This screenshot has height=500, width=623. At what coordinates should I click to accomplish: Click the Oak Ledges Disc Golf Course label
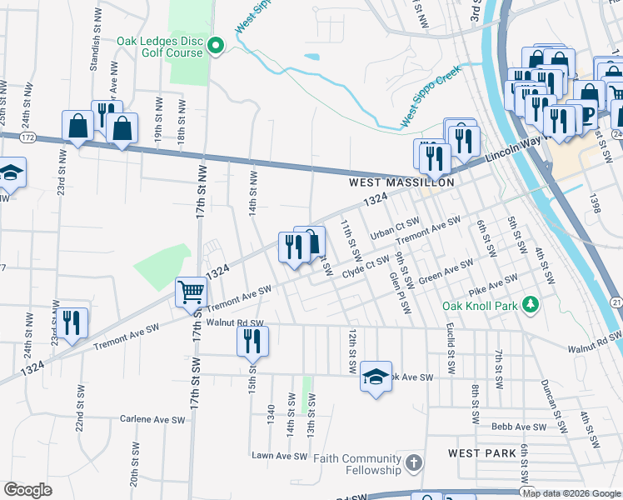tap(160, 46)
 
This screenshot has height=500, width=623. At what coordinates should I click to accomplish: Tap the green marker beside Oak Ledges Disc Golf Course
tap(216, 46)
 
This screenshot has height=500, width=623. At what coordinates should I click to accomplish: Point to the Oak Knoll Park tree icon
tap(529, 306)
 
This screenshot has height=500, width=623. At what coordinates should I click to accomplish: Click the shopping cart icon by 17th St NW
tap(191, 292)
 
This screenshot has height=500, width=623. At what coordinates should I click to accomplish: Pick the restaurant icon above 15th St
tap(252, 340)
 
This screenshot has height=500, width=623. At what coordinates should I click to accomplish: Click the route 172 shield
tap(27, 135)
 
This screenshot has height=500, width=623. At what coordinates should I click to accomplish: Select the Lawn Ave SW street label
tap(281, 455)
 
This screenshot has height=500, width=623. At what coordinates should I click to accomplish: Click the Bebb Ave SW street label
tap(518, 427)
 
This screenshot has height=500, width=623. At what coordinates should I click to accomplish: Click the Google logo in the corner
tap(27, 490)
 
